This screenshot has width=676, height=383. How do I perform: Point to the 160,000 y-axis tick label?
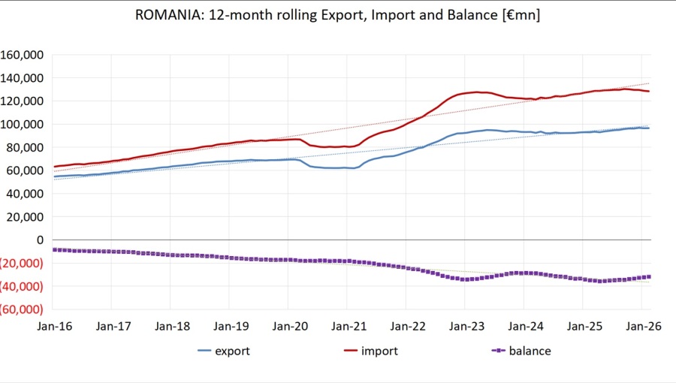click(x=23, y=55)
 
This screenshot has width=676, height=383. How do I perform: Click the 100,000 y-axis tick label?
click(x=23, y=124)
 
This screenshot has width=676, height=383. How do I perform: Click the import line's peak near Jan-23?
click(x=478, y=92)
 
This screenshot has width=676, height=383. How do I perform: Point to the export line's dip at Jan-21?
click(x=353, y=168)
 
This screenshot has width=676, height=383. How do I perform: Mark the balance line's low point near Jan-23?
click(x=465, y=279)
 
